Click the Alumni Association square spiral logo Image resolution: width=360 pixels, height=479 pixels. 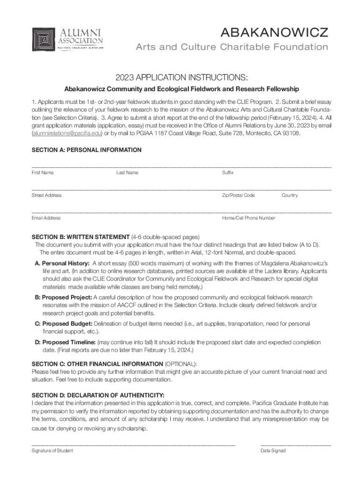43,40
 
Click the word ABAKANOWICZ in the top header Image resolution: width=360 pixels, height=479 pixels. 274,32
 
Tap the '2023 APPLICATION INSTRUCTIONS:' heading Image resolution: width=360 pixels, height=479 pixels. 182,77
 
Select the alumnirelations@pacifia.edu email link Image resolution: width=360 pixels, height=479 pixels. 66,133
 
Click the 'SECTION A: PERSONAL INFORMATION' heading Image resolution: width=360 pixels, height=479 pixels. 86,150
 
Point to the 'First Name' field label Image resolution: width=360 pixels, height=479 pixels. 43,173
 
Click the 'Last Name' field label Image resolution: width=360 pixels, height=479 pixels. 127,173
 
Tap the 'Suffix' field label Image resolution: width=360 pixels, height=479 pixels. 228,173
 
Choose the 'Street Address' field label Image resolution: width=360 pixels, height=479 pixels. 46,195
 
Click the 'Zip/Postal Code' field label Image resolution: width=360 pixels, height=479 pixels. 238,195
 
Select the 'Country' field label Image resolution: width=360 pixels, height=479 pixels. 289,195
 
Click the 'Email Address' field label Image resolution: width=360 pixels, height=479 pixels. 46,218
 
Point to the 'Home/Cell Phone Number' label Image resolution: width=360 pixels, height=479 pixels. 249,218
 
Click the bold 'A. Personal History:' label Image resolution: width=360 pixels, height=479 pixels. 62,263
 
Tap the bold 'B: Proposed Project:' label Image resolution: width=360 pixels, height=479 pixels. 64,298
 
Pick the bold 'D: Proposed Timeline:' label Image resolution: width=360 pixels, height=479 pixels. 65,342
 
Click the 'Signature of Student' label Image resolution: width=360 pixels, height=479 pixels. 52,450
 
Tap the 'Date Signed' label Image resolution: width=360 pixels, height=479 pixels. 273,450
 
